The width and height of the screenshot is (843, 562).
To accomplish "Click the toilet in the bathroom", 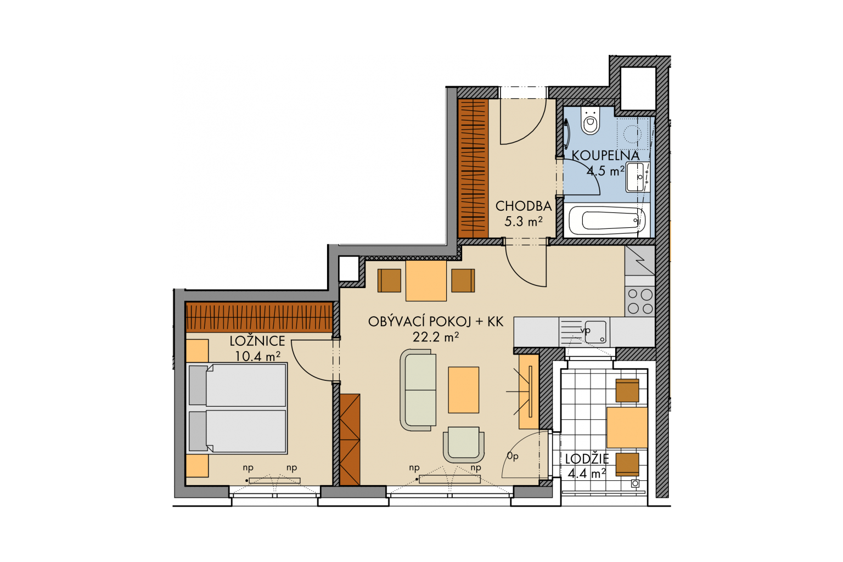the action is click(589, 120).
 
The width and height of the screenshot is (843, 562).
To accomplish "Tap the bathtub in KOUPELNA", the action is click(607, 220).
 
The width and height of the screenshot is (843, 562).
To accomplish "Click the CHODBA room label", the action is click(524, 206).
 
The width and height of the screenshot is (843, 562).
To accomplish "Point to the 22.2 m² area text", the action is click(435, 336).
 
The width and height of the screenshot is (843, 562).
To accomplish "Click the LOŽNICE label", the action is click(257, 341).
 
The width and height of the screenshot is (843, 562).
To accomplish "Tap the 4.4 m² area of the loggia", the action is click(586, 473).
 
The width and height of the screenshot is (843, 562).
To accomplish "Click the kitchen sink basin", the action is click(595, 332).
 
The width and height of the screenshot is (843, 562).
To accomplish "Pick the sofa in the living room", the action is click(418, 390).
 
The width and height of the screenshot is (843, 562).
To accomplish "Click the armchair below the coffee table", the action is click(464, 445).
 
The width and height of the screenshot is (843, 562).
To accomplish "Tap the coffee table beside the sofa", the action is click(463, 390).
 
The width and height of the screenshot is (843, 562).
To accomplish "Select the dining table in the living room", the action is click(426, 280).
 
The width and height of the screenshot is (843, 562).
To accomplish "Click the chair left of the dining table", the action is click(389, 280).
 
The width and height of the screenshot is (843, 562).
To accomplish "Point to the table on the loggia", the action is click(627, 427).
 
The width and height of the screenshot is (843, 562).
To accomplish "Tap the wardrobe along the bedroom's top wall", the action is click(259, 317).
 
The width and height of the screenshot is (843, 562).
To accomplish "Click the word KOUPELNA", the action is click(605, 155).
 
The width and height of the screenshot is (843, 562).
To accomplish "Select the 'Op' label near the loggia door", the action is click(513, 456).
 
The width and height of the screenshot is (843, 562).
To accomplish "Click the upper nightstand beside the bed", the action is click(197, 351).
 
